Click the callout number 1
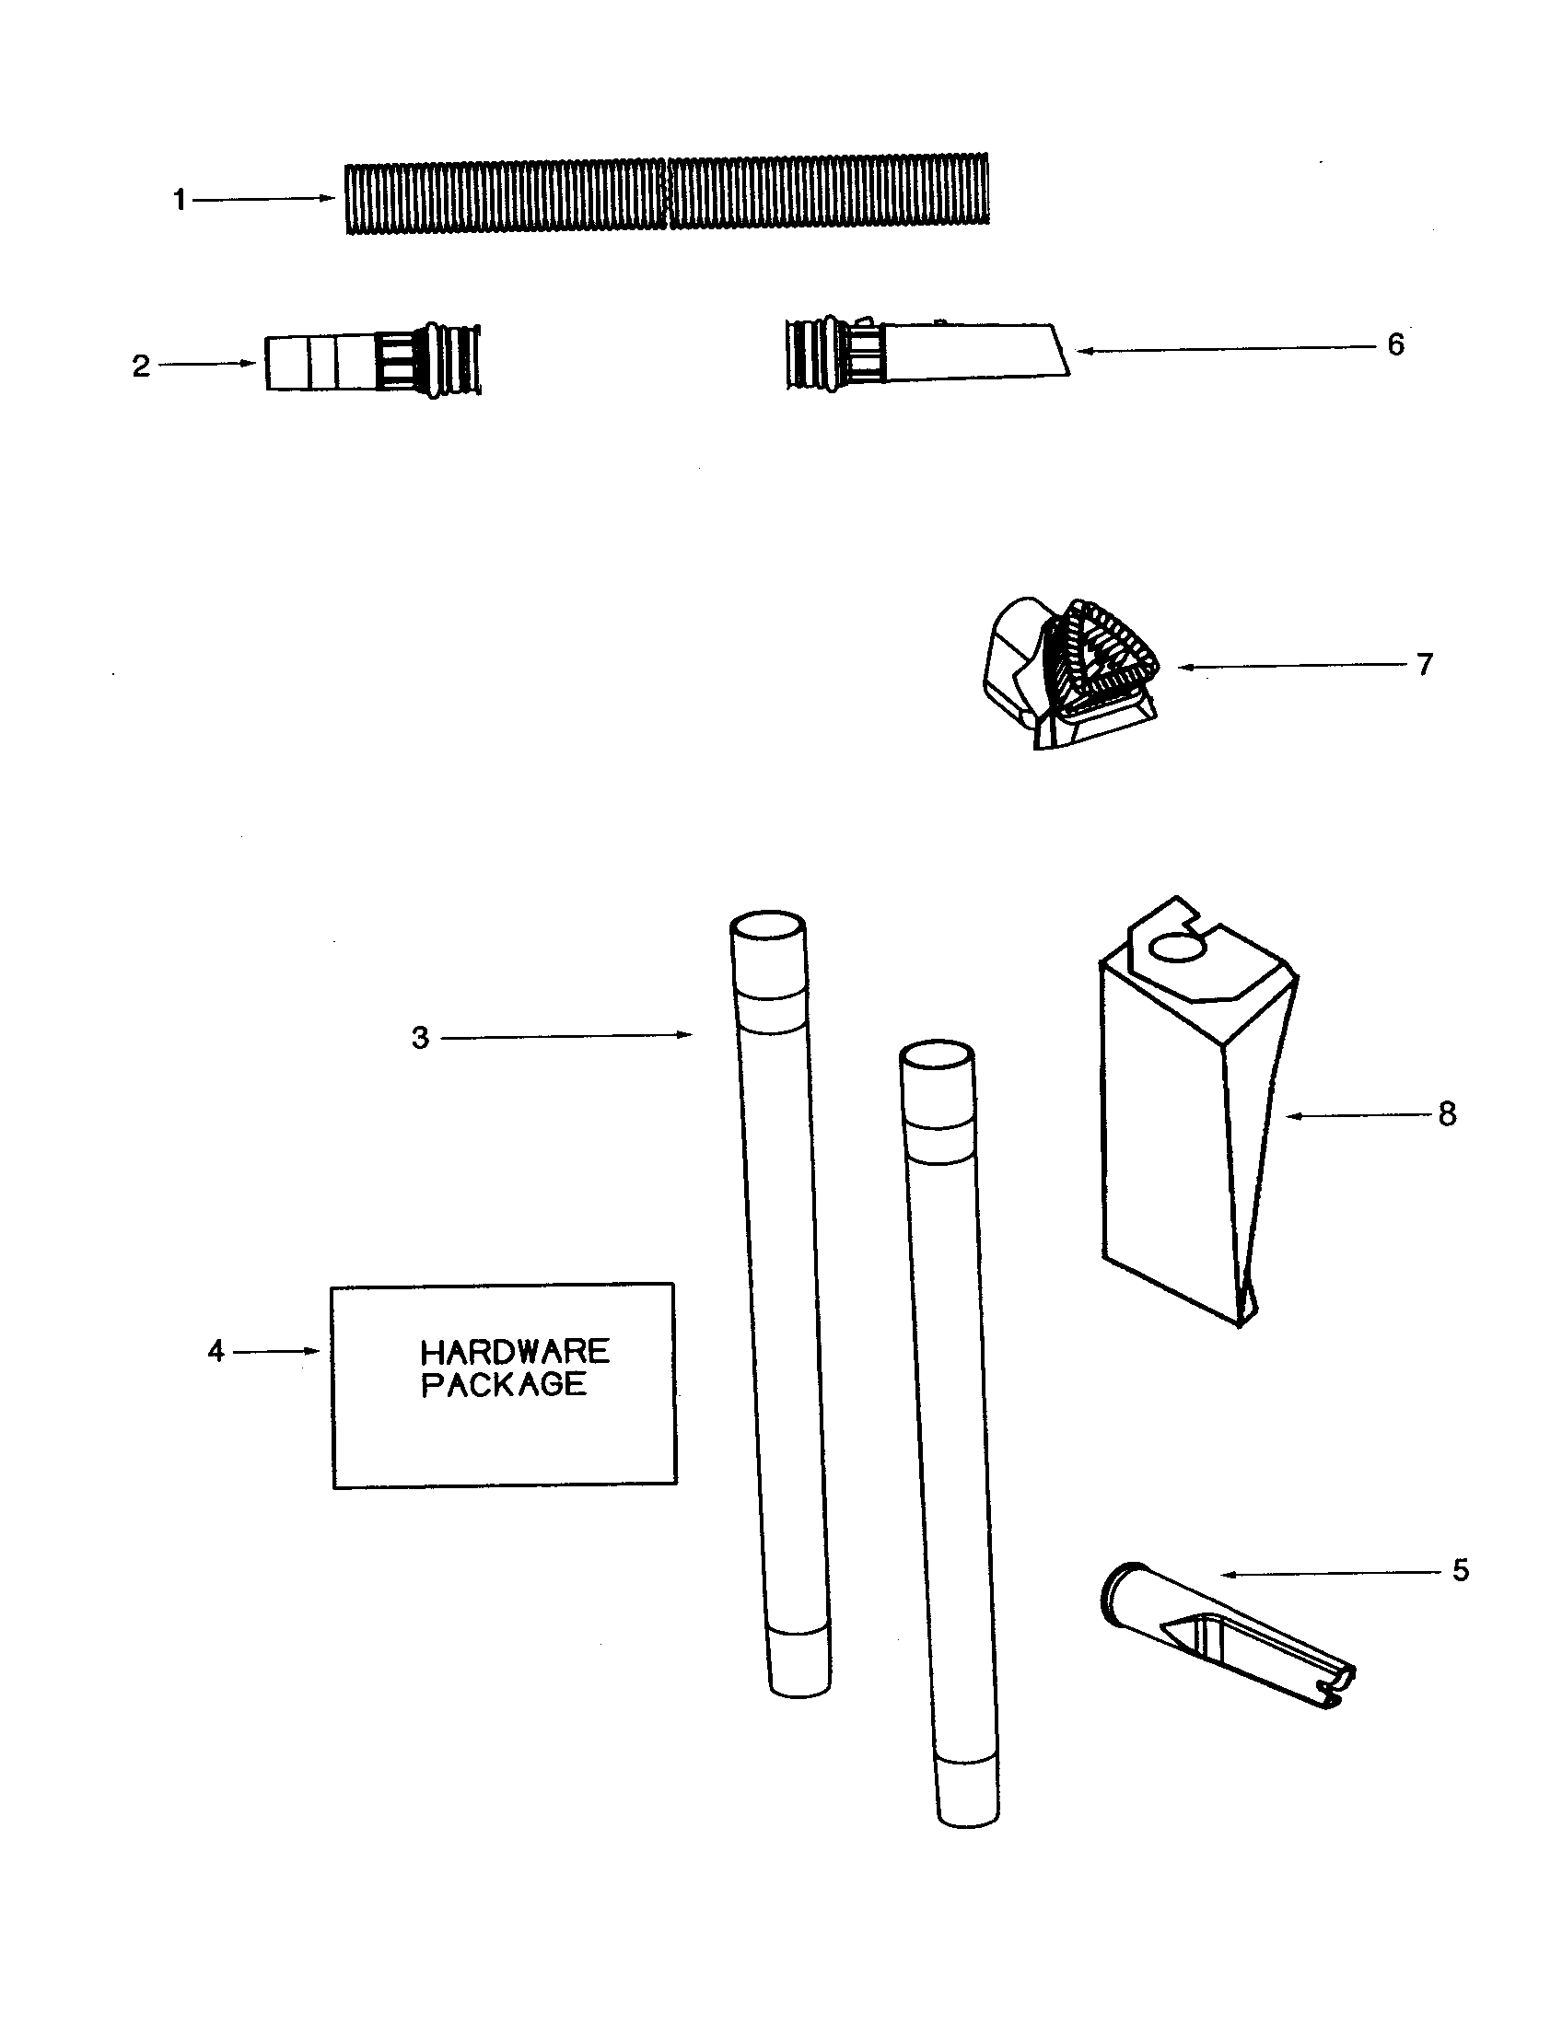(179, 200)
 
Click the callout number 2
(141, 366)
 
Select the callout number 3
(420, 1038)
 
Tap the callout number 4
(216, 1352)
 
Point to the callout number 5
(1461, 1570)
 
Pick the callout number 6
(1396, 345)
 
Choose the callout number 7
(1425, 664)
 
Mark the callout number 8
(1447, 1114)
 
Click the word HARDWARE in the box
(515, 1351)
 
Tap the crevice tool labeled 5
(1224, 1642)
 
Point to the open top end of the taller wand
(767, 927)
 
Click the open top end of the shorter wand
(937, 1055)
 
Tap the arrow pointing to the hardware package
(275, 1352)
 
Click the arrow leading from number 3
(565, 1036)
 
